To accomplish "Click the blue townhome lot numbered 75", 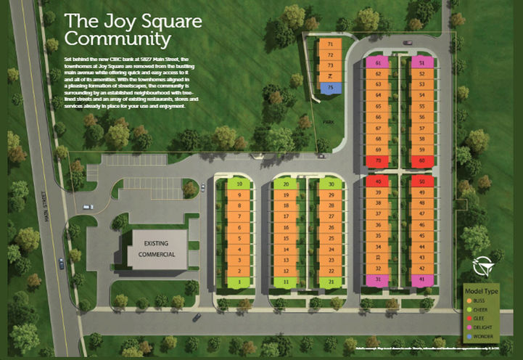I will [330, 88].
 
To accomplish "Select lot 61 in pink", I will [379, 62].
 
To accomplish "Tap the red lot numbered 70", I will [379, 160].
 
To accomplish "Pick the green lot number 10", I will [239, 184].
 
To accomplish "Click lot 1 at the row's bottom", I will [239, 282].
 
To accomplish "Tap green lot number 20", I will [287, 184].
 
